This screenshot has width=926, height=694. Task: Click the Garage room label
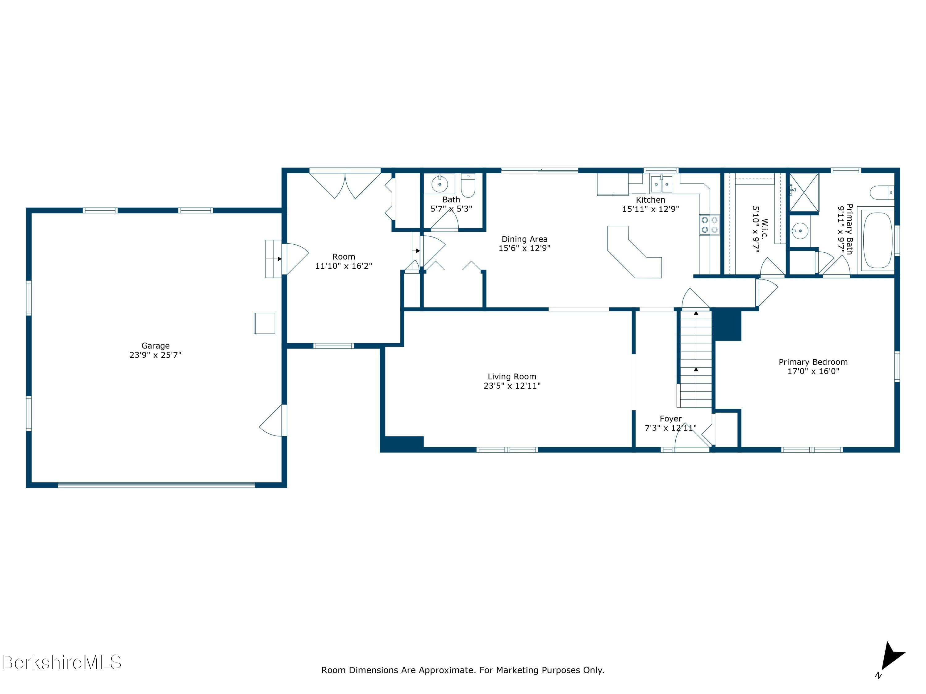[x=155, y=345]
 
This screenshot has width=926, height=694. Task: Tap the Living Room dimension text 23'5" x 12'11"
[x=512, y=386]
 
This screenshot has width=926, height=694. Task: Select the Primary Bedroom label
[x=813, y=362]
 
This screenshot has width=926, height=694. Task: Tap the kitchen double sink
[x=661, y=184]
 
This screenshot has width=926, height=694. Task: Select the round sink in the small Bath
[x=440, y=183]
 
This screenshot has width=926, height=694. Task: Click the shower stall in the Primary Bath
[x=804, y=192]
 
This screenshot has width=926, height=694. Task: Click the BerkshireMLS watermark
[x=62, y=662]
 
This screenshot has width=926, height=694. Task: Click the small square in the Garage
[x=265, y=323]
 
